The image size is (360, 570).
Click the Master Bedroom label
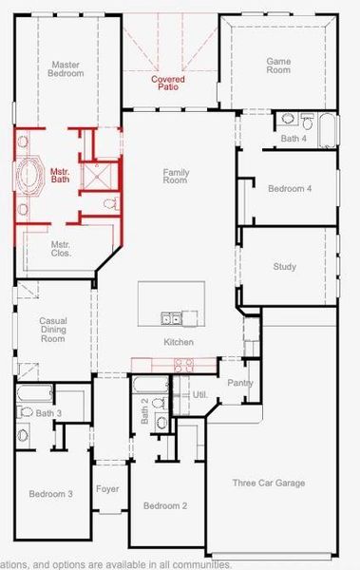[66, 68]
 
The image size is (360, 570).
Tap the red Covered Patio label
[168, 84]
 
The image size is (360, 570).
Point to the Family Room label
[178, 176]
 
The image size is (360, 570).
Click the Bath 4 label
[294, 139]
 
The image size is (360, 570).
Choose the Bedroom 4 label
[289, 188]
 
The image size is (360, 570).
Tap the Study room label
[285, 267]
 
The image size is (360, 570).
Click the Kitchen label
[179, 342]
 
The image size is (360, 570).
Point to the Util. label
[199, 393]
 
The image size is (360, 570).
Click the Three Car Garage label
[269, 483]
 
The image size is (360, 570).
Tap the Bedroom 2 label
[164, 504]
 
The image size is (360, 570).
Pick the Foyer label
[107, 489]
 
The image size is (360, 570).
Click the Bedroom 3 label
[49, 494]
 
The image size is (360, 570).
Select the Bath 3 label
[48, 413]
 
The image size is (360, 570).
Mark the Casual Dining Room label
[52, 330]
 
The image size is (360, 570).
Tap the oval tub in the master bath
[28, 177]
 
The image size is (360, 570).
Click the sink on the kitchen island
[172, 317]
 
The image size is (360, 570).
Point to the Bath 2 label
[144, 406]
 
